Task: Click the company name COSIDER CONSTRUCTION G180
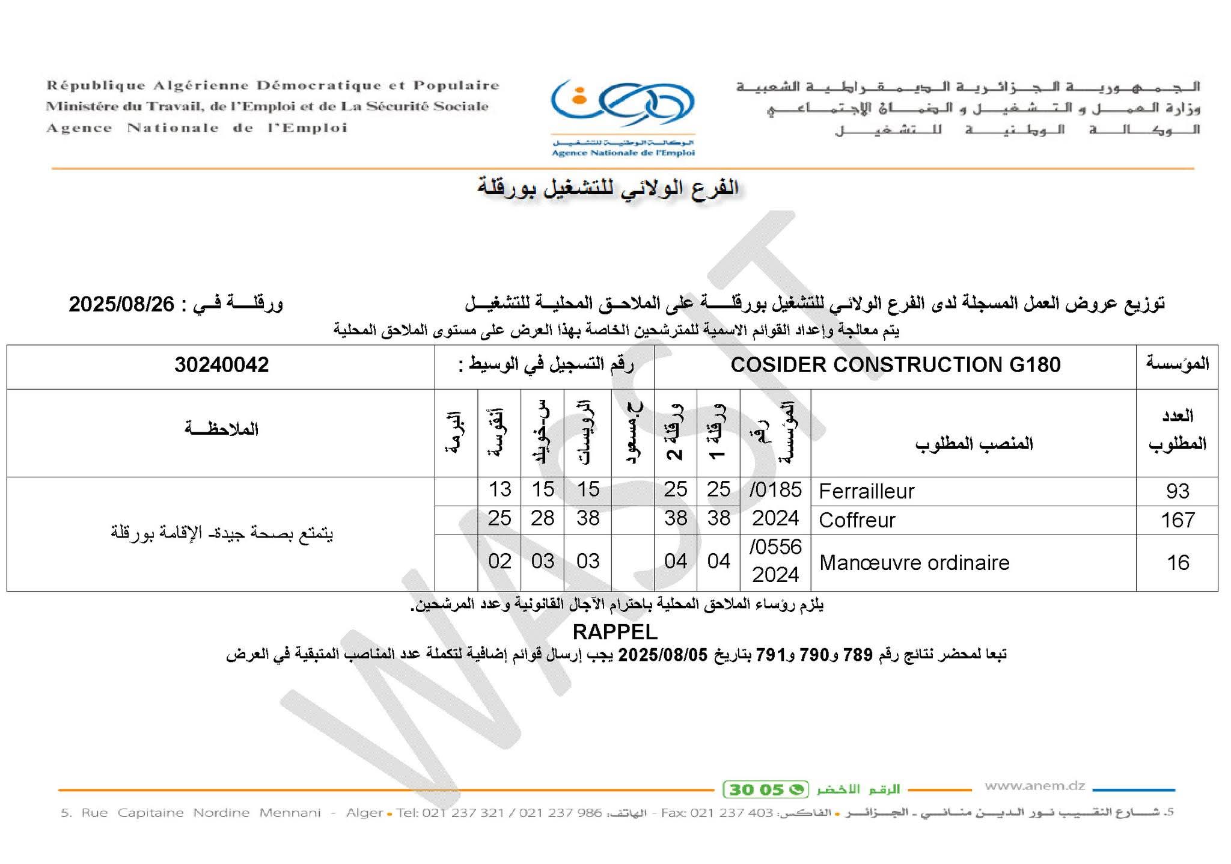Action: [x=895, y=365]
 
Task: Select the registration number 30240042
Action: [x=221, y=365]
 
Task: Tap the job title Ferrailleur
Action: [x=866, y=492]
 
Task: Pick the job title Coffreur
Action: [x=857, y=520]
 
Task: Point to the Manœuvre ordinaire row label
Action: [x=914, y=563]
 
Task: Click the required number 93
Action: [x=1177, y=492]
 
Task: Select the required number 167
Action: [x=1177, y=520]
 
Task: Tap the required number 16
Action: [x=1177, y=563]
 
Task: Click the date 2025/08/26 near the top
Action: [x=121, y=304]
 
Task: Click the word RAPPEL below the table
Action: [x=615, y=632]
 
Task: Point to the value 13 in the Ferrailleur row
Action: [x=499, y=489]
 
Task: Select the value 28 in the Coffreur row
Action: [x=542, y=518]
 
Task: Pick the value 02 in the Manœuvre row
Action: [x=499, y=562]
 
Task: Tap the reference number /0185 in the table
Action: [x=775, y=490]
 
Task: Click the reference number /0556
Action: [x=775, y=547]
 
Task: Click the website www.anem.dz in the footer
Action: [x=1034, y=786]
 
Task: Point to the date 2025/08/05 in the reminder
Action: [x=663, y=654]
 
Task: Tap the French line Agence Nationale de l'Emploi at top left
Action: [x=197, y=128]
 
